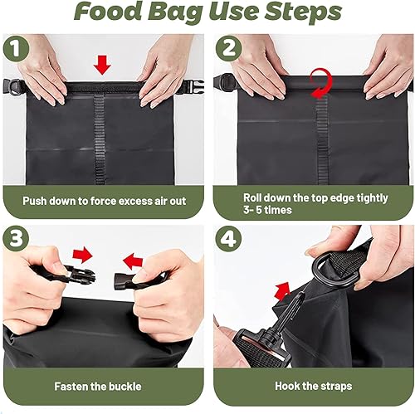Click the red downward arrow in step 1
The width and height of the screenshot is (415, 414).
click(104, 63)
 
